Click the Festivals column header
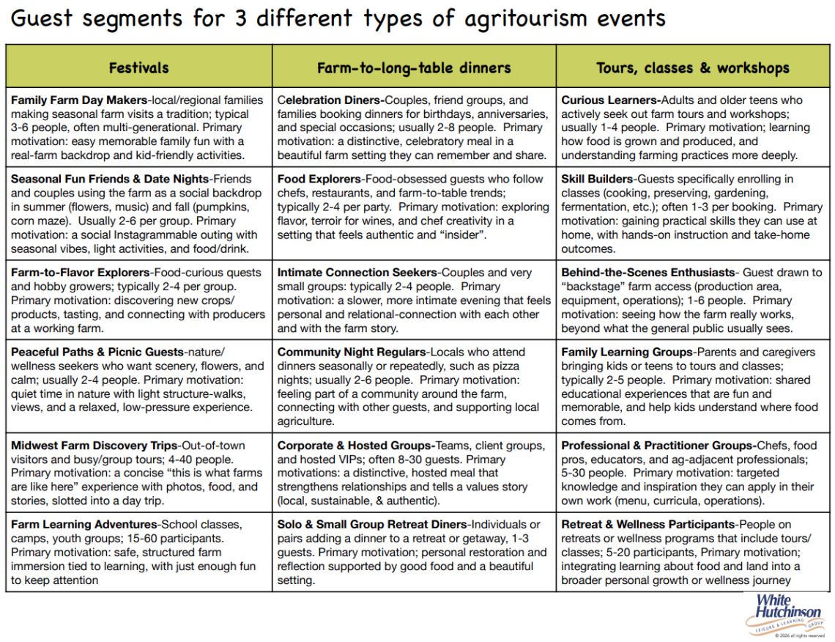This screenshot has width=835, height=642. [138, 68]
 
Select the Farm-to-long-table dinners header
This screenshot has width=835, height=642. [414, 68]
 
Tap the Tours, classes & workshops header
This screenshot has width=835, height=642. [693, 68]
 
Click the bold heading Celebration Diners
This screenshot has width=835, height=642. [329, 100]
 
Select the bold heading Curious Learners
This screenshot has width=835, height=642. [609, 100]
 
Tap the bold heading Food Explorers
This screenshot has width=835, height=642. [319, 180]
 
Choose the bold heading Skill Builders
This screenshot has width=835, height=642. [595, 180]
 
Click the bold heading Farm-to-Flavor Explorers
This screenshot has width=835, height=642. [80, 273]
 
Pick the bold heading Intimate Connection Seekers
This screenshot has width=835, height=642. [357, 273]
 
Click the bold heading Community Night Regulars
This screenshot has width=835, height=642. [352, 353]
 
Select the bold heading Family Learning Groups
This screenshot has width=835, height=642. [626, 353]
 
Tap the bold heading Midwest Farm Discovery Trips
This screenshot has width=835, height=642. [94, 446]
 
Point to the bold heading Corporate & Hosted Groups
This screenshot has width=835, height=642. [355, 446]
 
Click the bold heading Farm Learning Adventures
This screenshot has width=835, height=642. [84, 525]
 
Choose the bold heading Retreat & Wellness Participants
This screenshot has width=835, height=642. [647, 525]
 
